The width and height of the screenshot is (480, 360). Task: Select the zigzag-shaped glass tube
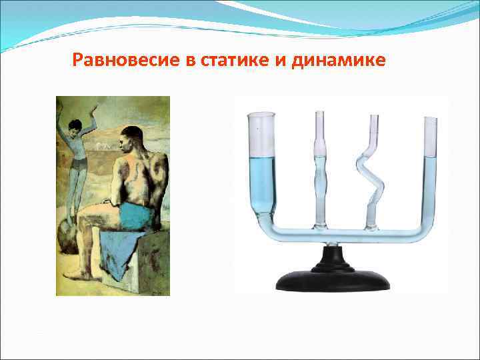click(368, 173)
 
